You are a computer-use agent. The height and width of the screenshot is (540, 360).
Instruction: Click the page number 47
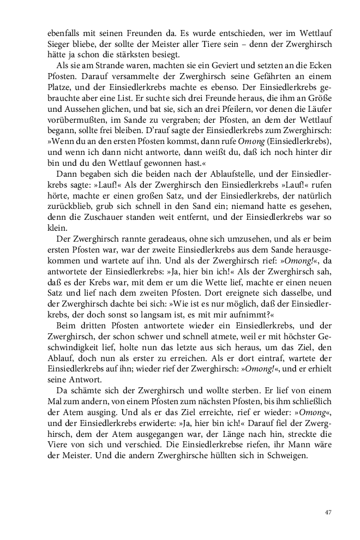tap(328, 512)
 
